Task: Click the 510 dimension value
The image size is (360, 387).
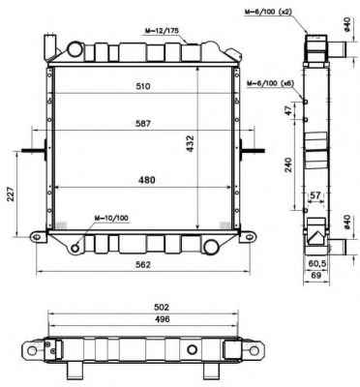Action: tap(143, 86)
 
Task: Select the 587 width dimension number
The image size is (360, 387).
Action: tap(143, 124)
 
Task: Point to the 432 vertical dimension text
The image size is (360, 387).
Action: tap(191, 143)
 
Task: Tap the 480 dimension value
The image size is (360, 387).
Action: tap(147, 180)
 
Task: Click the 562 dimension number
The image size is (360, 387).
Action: tap(143, 265)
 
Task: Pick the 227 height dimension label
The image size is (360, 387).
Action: tap(11, 193)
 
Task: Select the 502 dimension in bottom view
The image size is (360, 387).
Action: tap(162, 307)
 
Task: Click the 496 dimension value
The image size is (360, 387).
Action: tap(162, 319)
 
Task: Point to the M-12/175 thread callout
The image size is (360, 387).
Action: tap(162, 31)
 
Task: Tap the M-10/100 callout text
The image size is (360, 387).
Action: tap(111, 219)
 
